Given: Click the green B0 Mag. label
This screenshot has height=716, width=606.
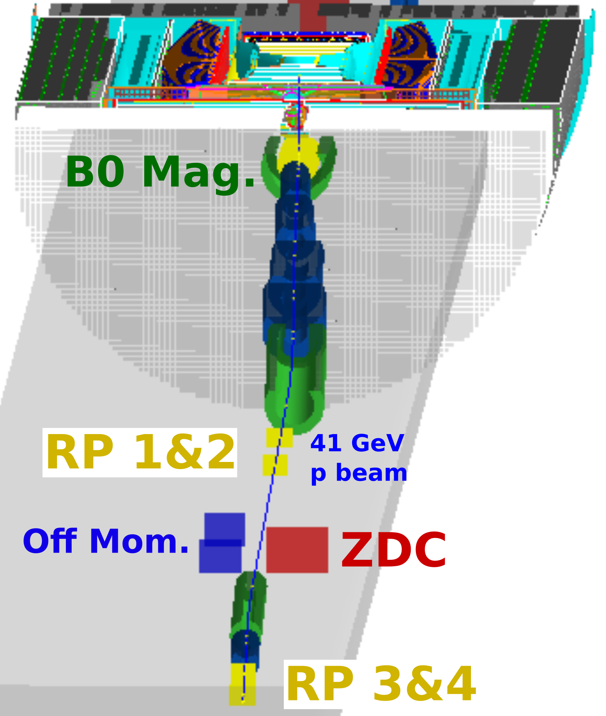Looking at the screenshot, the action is coord(160,172).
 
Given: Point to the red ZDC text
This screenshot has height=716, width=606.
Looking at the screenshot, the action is coord(394,550).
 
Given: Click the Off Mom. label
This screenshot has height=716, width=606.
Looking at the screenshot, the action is coord(106,542).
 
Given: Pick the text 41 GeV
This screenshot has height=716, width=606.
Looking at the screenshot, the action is coord(357,443).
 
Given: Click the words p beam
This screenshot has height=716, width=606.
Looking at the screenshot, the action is coord(359,474).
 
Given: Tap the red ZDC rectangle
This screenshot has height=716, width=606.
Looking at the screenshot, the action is coord(297,550).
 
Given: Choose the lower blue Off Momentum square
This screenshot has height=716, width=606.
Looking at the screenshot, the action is coord(220,556).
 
